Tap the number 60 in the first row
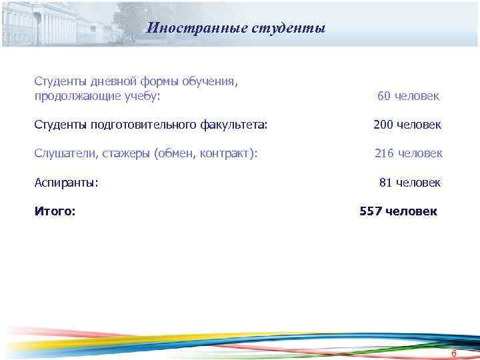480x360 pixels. click(x=384, y=96)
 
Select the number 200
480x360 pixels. click(x=383, y=125)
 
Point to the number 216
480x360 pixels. click(x=384, y=153)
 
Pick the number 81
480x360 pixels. click(x=386, y=182)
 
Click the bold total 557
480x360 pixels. click(x=371, y=211)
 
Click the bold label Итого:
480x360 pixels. click(x=55, y=211)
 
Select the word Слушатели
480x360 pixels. click(x=66, y=153)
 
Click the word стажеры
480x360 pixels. click(x=127, y=153)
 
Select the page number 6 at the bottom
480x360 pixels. click(x=453, y=353)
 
